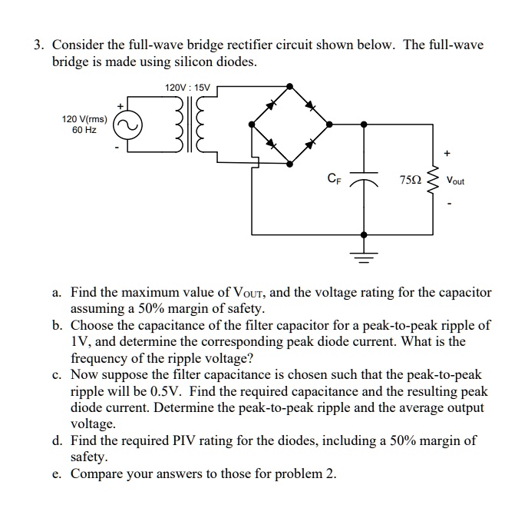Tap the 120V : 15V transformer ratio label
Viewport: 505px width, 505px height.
tap(186, 88)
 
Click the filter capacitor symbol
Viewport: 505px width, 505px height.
tap(363, 183)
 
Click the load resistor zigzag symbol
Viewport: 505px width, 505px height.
tap(439, 181)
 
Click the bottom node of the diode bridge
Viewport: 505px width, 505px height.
tap(289, 163)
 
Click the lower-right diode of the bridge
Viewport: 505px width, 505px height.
tap(309, 143)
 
